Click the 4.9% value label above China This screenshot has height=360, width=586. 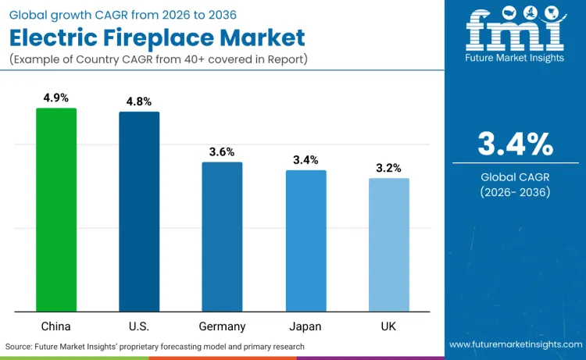tap(56, 98)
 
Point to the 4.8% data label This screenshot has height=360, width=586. tap(139, 102)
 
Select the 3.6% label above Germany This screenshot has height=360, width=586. tap(222, 151)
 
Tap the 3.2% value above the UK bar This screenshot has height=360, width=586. tap(388, 168)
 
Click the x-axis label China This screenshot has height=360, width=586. tap(56, 326)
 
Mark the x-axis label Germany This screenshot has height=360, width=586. tap(222, 326)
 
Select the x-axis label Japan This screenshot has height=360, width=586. tap(306, 326)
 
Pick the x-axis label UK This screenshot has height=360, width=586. tap(388, 326)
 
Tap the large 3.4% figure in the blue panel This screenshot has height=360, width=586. tap(515, 144)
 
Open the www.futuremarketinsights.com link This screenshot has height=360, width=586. tap(515, 344)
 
